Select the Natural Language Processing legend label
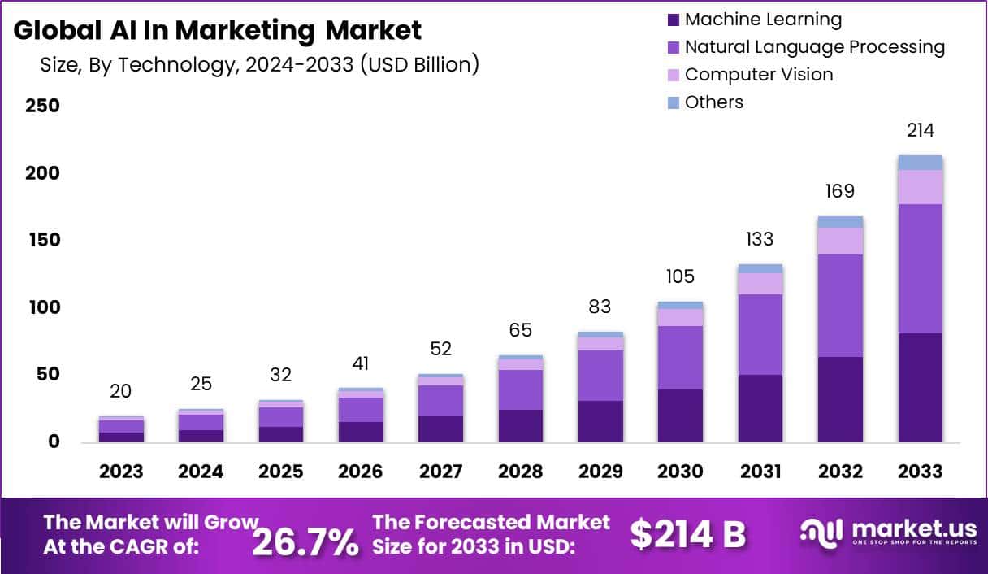pyautogui.click(x=814, y=47)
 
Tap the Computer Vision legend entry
pyautogui.click(x=758, y=75)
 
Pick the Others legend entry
pyautogui.click(x=713, y=102)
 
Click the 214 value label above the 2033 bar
pyautogui.click(x=921, y=130)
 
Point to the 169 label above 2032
pyautogui.click(x=840, y=191)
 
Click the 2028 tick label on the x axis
pyautogui.click(x=520, y=472)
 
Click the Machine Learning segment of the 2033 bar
pyautogui.click(x=921, y=388)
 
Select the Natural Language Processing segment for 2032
pyautogui.click(x=840, y=306)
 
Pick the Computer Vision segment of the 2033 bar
pyautogui.click(x=921, y=187)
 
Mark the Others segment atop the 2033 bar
pyautogui.click(x=921, y=163)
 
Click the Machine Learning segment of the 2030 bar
pyautogui.click(x=680, y=415)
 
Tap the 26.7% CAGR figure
pyautogui.click(x=305, y=541)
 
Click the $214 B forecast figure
pyautogui.click(x=687, y=534)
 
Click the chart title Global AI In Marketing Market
pyautogui.click(x=218, y=30)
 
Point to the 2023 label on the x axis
pyautogui.click(x=121, y=472)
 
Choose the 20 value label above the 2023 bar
pyautogui.click(x=121, y=391)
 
